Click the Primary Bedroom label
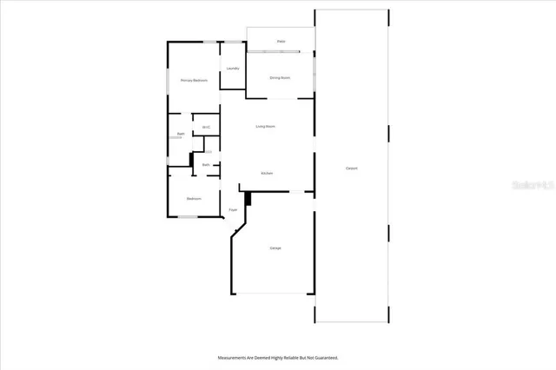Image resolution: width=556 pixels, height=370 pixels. coord(194,80)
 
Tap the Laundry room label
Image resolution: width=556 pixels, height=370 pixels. coord(233,68)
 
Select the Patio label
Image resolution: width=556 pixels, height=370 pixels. coord(281,41)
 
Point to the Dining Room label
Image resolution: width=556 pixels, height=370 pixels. coord(280,77)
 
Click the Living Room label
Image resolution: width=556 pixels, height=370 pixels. coord(265,127)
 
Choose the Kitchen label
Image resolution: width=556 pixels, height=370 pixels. coord(268,173)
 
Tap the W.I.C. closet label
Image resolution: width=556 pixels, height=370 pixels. coord(207,128)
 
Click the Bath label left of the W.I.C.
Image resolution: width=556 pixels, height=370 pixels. coord(181,134)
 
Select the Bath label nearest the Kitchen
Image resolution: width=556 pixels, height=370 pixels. coord(206,164)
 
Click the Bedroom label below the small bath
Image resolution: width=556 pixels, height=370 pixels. coord(194,198)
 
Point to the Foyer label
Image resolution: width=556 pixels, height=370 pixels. coord(233,210)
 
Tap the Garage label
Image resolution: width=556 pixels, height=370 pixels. coord(275,248)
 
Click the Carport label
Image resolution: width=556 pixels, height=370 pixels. coord(352,168)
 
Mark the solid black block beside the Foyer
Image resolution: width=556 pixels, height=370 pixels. coord(248,199)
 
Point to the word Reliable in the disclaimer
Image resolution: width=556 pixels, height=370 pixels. coord(283,357)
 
